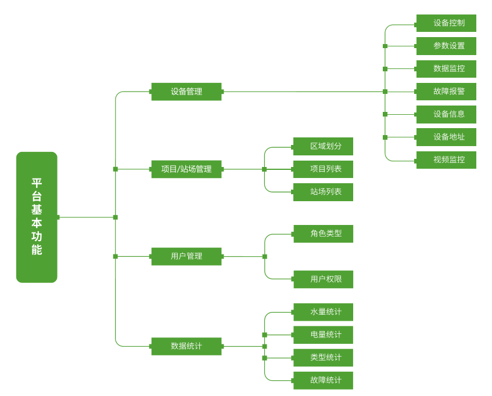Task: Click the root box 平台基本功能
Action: tap(37, 217)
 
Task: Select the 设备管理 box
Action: tap(186, 92)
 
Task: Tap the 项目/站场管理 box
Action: tap(186, 169)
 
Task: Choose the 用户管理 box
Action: tap(186, 256)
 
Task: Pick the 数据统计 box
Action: tap(186, 346)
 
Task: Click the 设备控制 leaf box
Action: tap(446, 23)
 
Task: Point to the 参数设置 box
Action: tap(446, 46)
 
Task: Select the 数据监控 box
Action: tap(446, 68)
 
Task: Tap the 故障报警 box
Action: tap(446, 92)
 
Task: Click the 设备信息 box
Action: tap(446, 114)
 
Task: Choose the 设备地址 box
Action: tap(446, 137)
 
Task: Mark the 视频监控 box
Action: tap(446, 160)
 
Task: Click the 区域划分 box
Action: tap(323, 146)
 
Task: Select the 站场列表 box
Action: tap(323, 192)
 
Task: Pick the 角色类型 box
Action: tap(323, 234)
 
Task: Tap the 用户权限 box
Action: tap(323, 279)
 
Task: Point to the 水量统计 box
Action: tap(323, 312)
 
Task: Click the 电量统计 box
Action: tap(323, 335)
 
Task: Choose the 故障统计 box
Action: tap(323, 380)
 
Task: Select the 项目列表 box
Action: tap(323, 169)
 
